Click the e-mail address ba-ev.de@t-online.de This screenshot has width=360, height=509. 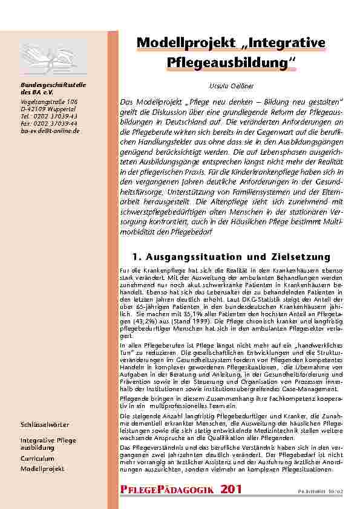[x=50, y=131]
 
